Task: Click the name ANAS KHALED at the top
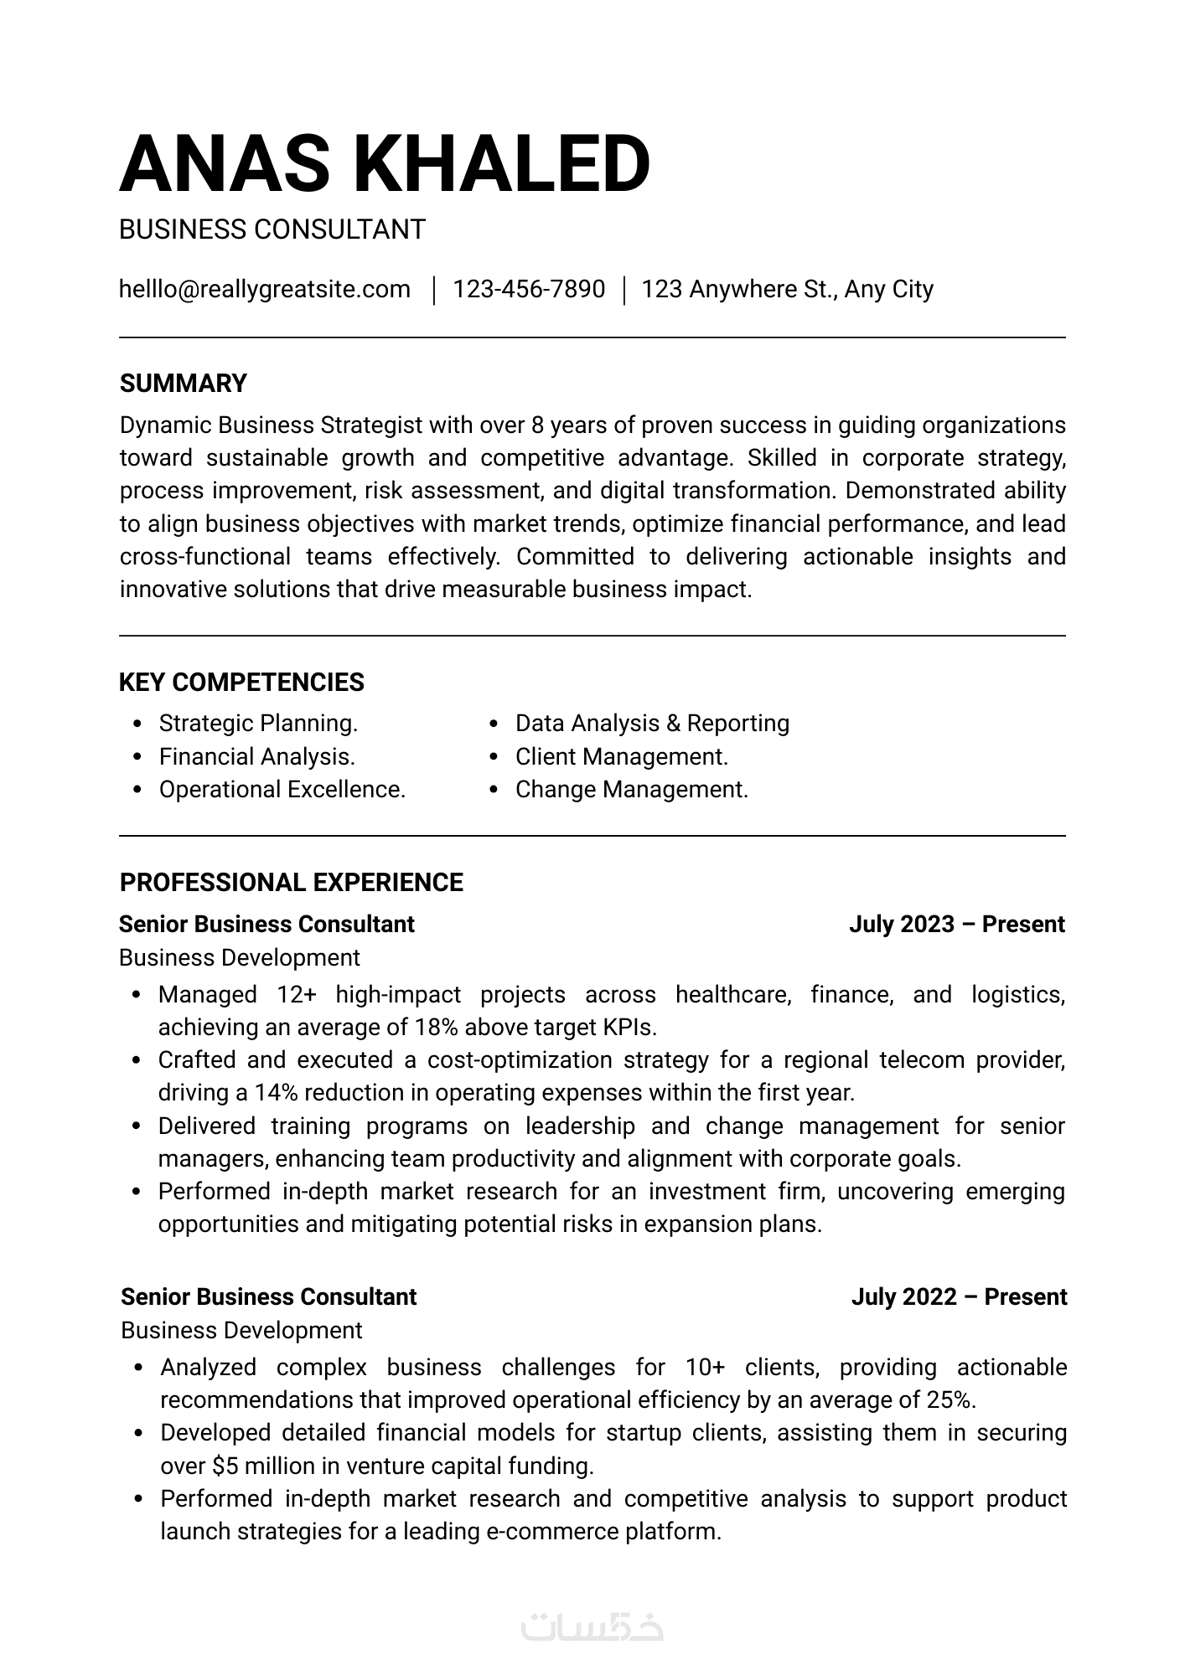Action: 385,163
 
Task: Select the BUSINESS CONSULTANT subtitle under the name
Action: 272,229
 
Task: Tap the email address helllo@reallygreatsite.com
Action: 265,290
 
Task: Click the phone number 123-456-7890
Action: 529,290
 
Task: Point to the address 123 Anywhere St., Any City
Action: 787,290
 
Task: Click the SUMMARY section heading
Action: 184,384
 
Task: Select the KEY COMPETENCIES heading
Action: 241,683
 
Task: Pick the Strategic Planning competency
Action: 258,724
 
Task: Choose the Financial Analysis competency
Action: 256,757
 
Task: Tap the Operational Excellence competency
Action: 282,790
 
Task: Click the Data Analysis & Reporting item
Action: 652,724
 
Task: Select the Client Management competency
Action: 621,757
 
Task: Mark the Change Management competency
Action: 631,790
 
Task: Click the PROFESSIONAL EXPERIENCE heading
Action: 291,883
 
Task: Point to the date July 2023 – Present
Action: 956,925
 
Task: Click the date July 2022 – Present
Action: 959,1297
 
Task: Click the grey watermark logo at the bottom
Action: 592,1627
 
